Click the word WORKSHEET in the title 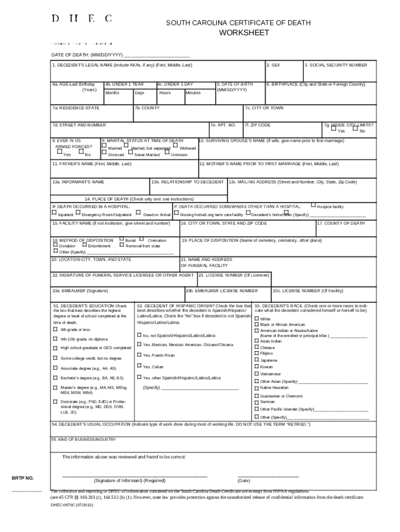coord(244,33)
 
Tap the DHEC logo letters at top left coord(81,19)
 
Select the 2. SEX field coord(284,71)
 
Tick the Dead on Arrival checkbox coord(138,212)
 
